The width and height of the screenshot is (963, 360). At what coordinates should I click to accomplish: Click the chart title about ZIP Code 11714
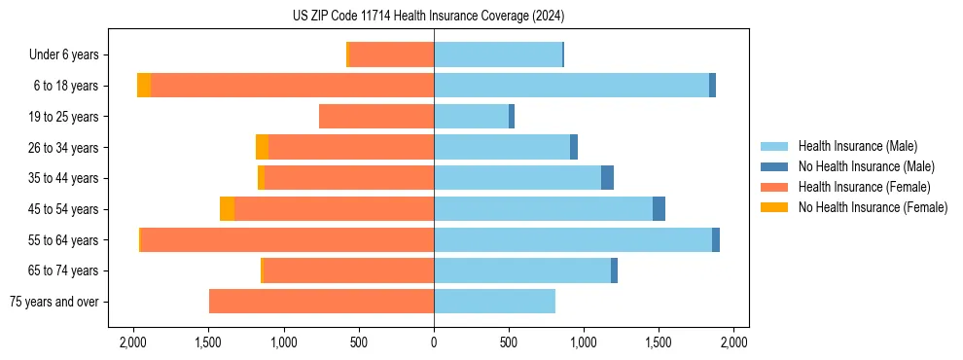coord(428,17)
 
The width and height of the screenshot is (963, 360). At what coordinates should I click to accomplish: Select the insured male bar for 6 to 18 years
coord(571,86)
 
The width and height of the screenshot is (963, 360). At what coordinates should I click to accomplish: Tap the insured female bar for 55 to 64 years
coord(287,239)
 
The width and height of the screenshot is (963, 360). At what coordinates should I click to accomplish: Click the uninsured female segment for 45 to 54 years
coord(227,209)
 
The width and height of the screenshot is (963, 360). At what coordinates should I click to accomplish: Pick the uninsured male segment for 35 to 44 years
coord(607,178)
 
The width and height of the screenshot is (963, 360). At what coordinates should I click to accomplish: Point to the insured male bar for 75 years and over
coord(494,302)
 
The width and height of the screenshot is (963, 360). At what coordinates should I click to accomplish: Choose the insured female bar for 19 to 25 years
coord(376,117)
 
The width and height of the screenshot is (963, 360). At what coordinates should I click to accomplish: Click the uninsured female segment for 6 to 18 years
coord(144,86)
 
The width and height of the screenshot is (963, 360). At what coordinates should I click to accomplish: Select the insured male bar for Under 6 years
coord(498,54)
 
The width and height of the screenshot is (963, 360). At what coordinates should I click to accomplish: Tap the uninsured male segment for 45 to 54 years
coord(659,209)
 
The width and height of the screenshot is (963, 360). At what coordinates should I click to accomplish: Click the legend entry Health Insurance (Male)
coord(857,146)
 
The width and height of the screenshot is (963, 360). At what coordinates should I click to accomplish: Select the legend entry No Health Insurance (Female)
coord(873,207)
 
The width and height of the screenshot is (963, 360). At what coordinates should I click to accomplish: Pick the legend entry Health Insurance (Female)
coord(864,187)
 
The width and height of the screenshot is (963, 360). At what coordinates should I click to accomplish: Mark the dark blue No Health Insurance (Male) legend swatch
coord(774,166)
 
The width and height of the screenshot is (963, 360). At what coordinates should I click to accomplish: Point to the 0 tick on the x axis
coord(434,342)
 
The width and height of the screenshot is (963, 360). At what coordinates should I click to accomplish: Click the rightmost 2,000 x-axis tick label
coord(733,342)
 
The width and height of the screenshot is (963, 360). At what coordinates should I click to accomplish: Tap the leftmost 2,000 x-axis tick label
coord(133,342)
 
